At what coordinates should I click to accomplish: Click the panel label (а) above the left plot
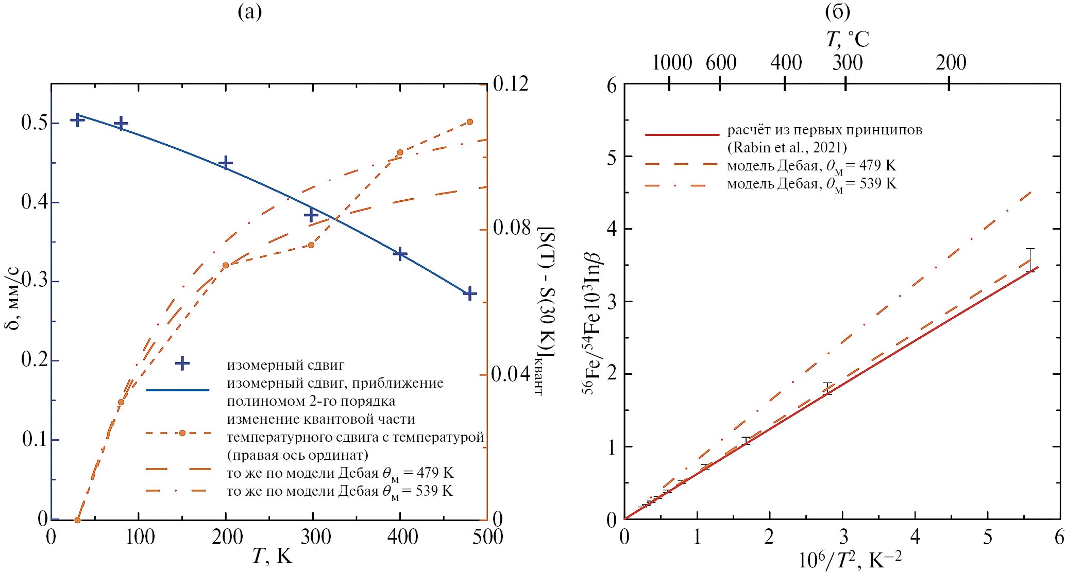pos(250,12)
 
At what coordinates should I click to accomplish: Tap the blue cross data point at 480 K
pos(469,294)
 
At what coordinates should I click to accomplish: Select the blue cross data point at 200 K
pos(226,163)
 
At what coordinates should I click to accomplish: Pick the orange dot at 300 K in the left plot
pos(311,245)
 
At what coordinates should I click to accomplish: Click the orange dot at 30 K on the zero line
pos(77,520)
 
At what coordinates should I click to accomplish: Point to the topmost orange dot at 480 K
pos(469,122)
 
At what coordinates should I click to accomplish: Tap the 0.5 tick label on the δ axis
pos(34,124)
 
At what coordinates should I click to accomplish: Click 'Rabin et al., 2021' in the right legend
pos(786,148)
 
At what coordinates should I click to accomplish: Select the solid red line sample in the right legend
pos(682,135)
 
